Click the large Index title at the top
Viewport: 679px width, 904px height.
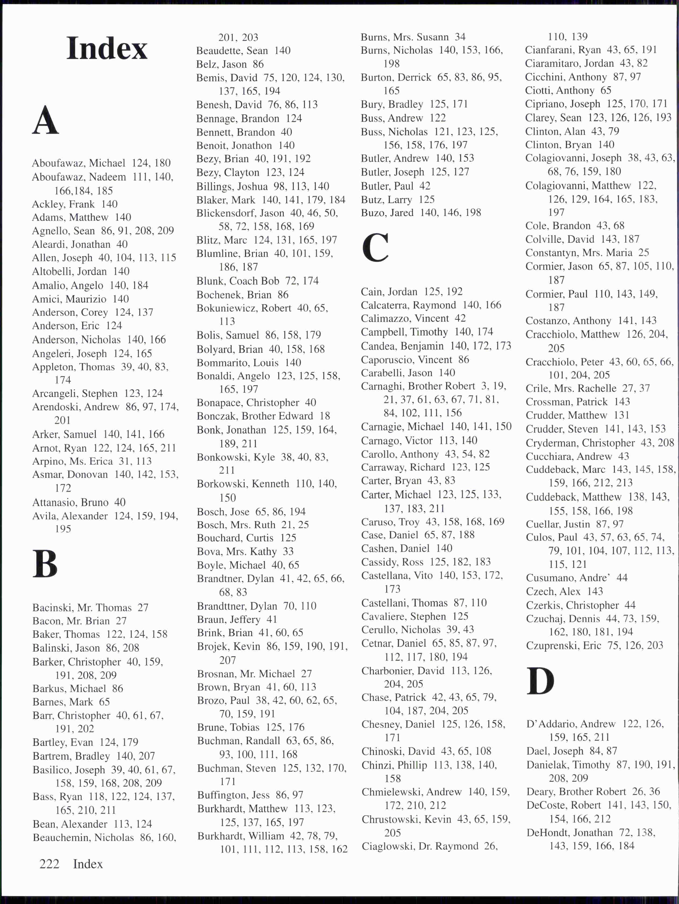(107, 49)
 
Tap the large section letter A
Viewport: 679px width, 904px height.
(45, 120)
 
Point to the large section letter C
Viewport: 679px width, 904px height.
(375, 248)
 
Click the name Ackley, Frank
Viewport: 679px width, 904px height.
(63, 204)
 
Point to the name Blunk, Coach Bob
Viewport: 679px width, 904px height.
(238, 281)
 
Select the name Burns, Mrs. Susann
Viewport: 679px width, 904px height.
(405, 37)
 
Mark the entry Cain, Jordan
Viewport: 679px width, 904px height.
(389, 291)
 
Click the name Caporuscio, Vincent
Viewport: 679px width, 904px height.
(406, 360)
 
